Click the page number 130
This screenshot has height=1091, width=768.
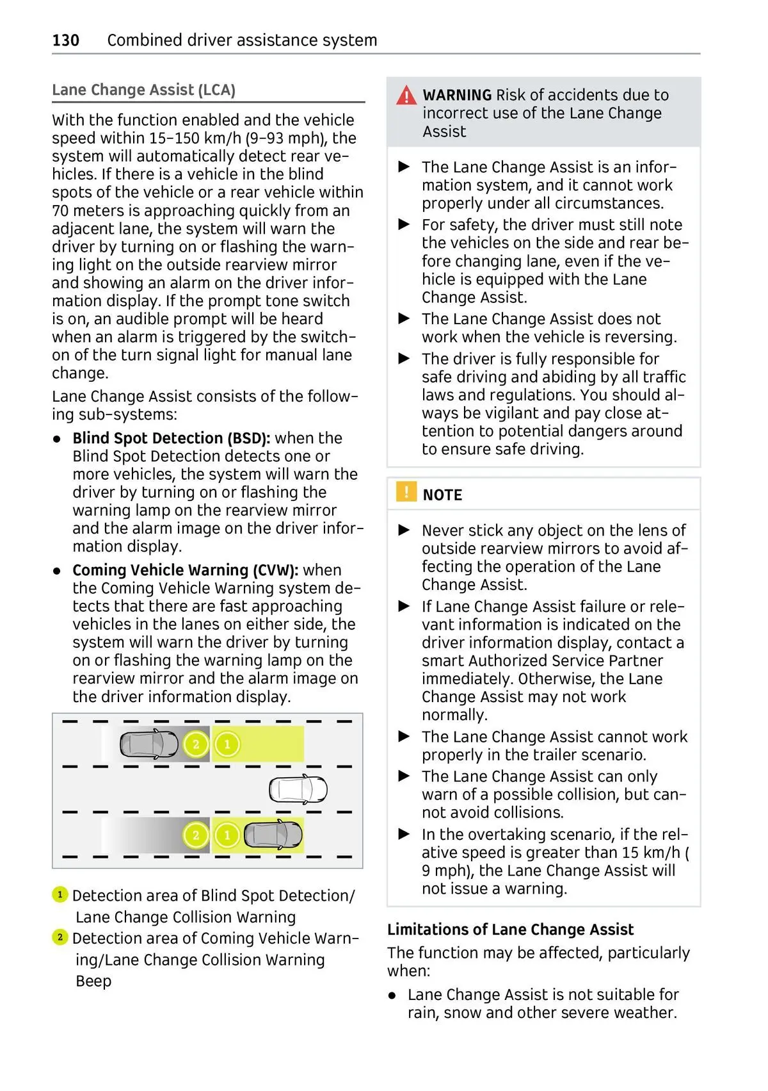tap(65, 40)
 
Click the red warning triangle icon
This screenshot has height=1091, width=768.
tap(406, 95)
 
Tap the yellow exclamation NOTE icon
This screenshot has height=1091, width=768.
tap(406, 492)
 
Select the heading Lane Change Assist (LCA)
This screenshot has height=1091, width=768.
tap(143, 90)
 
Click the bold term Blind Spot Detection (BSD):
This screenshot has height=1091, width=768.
tap(171, 438)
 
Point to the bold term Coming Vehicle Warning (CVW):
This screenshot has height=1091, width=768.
tap(185, 570)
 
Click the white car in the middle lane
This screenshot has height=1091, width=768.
tap(298, 789)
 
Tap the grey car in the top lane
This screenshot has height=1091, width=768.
tap(149, 744)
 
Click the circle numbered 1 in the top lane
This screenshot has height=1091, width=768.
tap(227, 744)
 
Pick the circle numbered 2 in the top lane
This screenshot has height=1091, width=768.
tap(196, 744)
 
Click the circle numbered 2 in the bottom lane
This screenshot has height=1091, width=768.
tap(196, 835)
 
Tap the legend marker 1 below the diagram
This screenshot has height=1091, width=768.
tap(60, 894)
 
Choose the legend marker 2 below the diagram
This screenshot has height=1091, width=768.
tap(60, 937)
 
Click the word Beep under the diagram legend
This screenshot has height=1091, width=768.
tap(93, 981)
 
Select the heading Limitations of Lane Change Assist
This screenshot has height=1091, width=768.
tap(510, 930)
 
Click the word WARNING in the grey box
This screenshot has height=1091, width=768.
tap(457, 95)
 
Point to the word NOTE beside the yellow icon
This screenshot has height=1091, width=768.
tap(442, 495)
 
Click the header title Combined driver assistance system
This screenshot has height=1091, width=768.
tap(242, 40)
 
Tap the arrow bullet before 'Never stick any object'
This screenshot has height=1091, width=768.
tap(404, 530)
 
